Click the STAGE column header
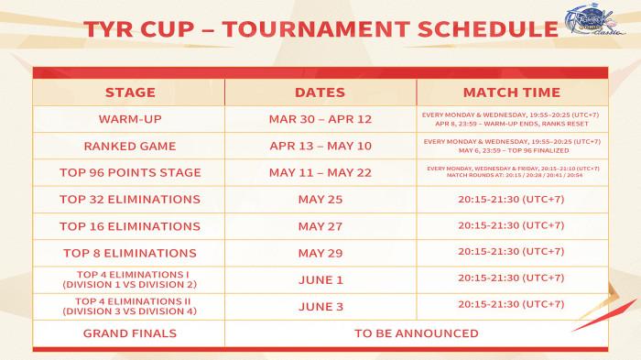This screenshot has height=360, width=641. point(130,93)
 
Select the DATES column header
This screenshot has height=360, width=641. point(320,93)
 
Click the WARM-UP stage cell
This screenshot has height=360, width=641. point(130,119)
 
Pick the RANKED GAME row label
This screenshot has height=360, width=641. point(130,145)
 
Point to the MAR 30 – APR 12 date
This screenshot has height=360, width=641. point(320,119)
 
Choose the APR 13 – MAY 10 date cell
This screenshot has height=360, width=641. point(320,145)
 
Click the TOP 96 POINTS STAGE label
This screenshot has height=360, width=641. point(130,172)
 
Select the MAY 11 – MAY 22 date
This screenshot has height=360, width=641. point(320,172)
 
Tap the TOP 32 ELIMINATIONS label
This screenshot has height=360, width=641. point(130,199)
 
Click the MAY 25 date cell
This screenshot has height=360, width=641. point(320,199)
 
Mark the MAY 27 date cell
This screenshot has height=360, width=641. point(320,225)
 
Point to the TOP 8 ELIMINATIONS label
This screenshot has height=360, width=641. point(130,252)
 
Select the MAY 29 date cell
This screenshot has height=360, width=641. point(320,252)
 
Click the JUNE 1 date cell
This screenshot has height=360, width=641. point(320,278)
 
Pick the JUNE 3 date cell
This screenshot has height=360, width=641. point(320,305)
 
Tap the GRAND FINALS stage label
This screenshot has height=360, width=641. point(130,333)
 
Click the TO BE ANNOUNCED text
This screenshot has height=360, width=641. point(416,333)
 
